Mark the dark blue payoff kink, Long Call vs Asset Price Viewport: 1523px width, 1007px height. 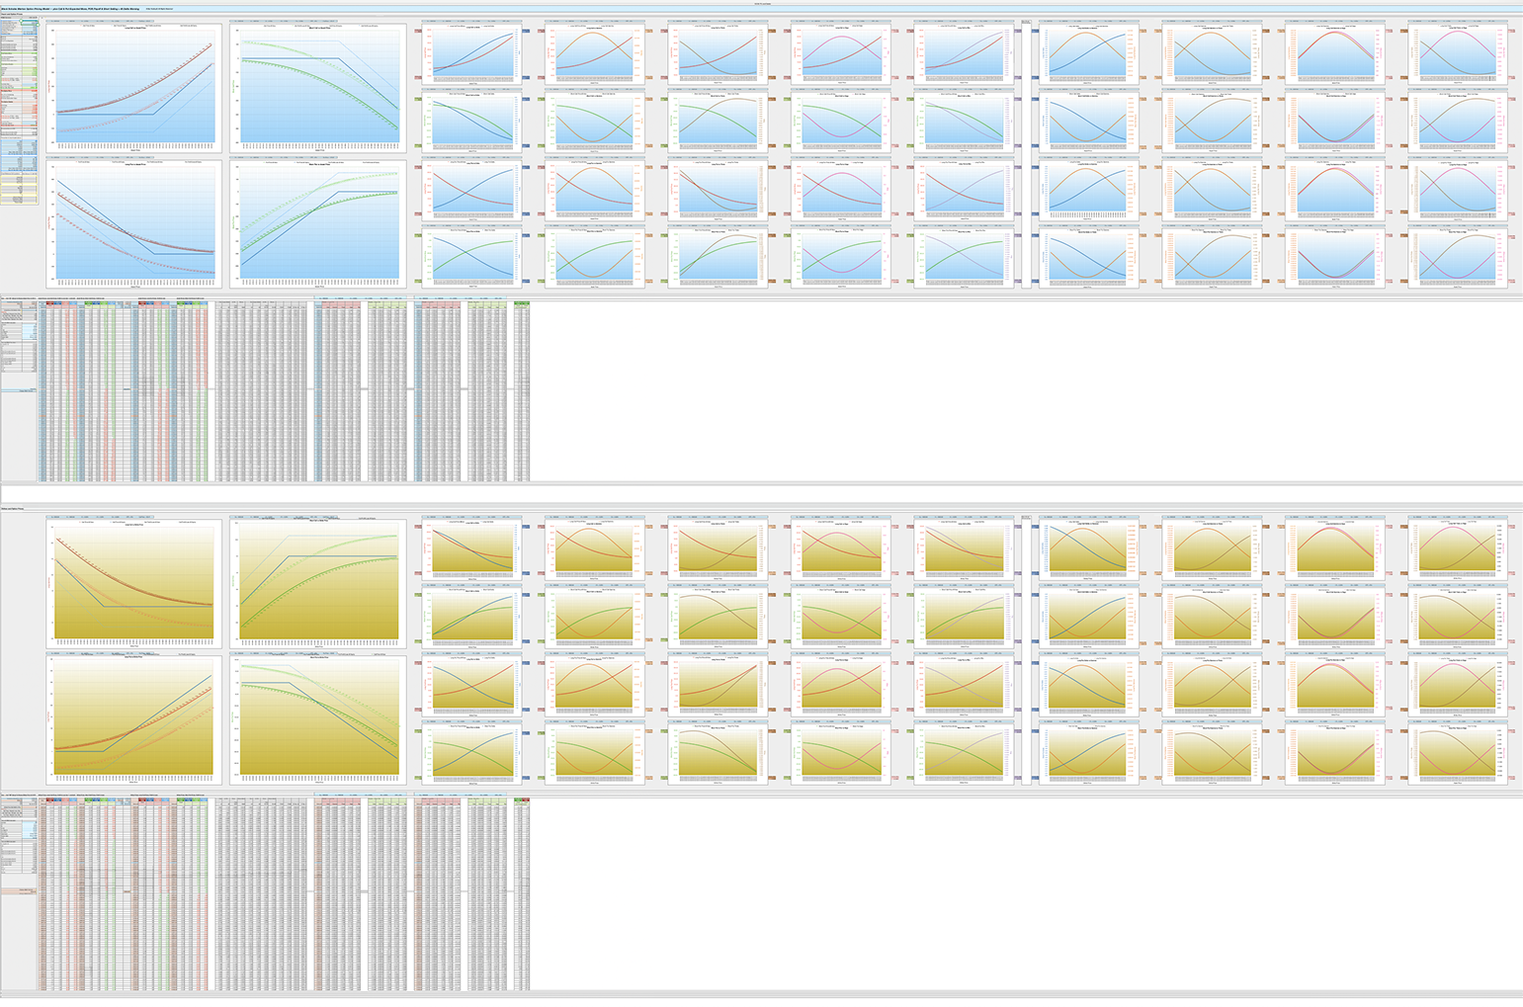pos(154,114)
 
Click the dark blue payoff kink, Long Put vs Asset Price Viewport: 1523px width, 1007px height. pos(154,254)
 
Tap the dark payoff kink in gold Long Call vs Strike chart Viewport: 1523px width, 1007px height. pos(104,606)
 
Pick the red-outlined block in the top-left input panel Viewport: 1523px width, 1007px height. pos(20,95)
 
